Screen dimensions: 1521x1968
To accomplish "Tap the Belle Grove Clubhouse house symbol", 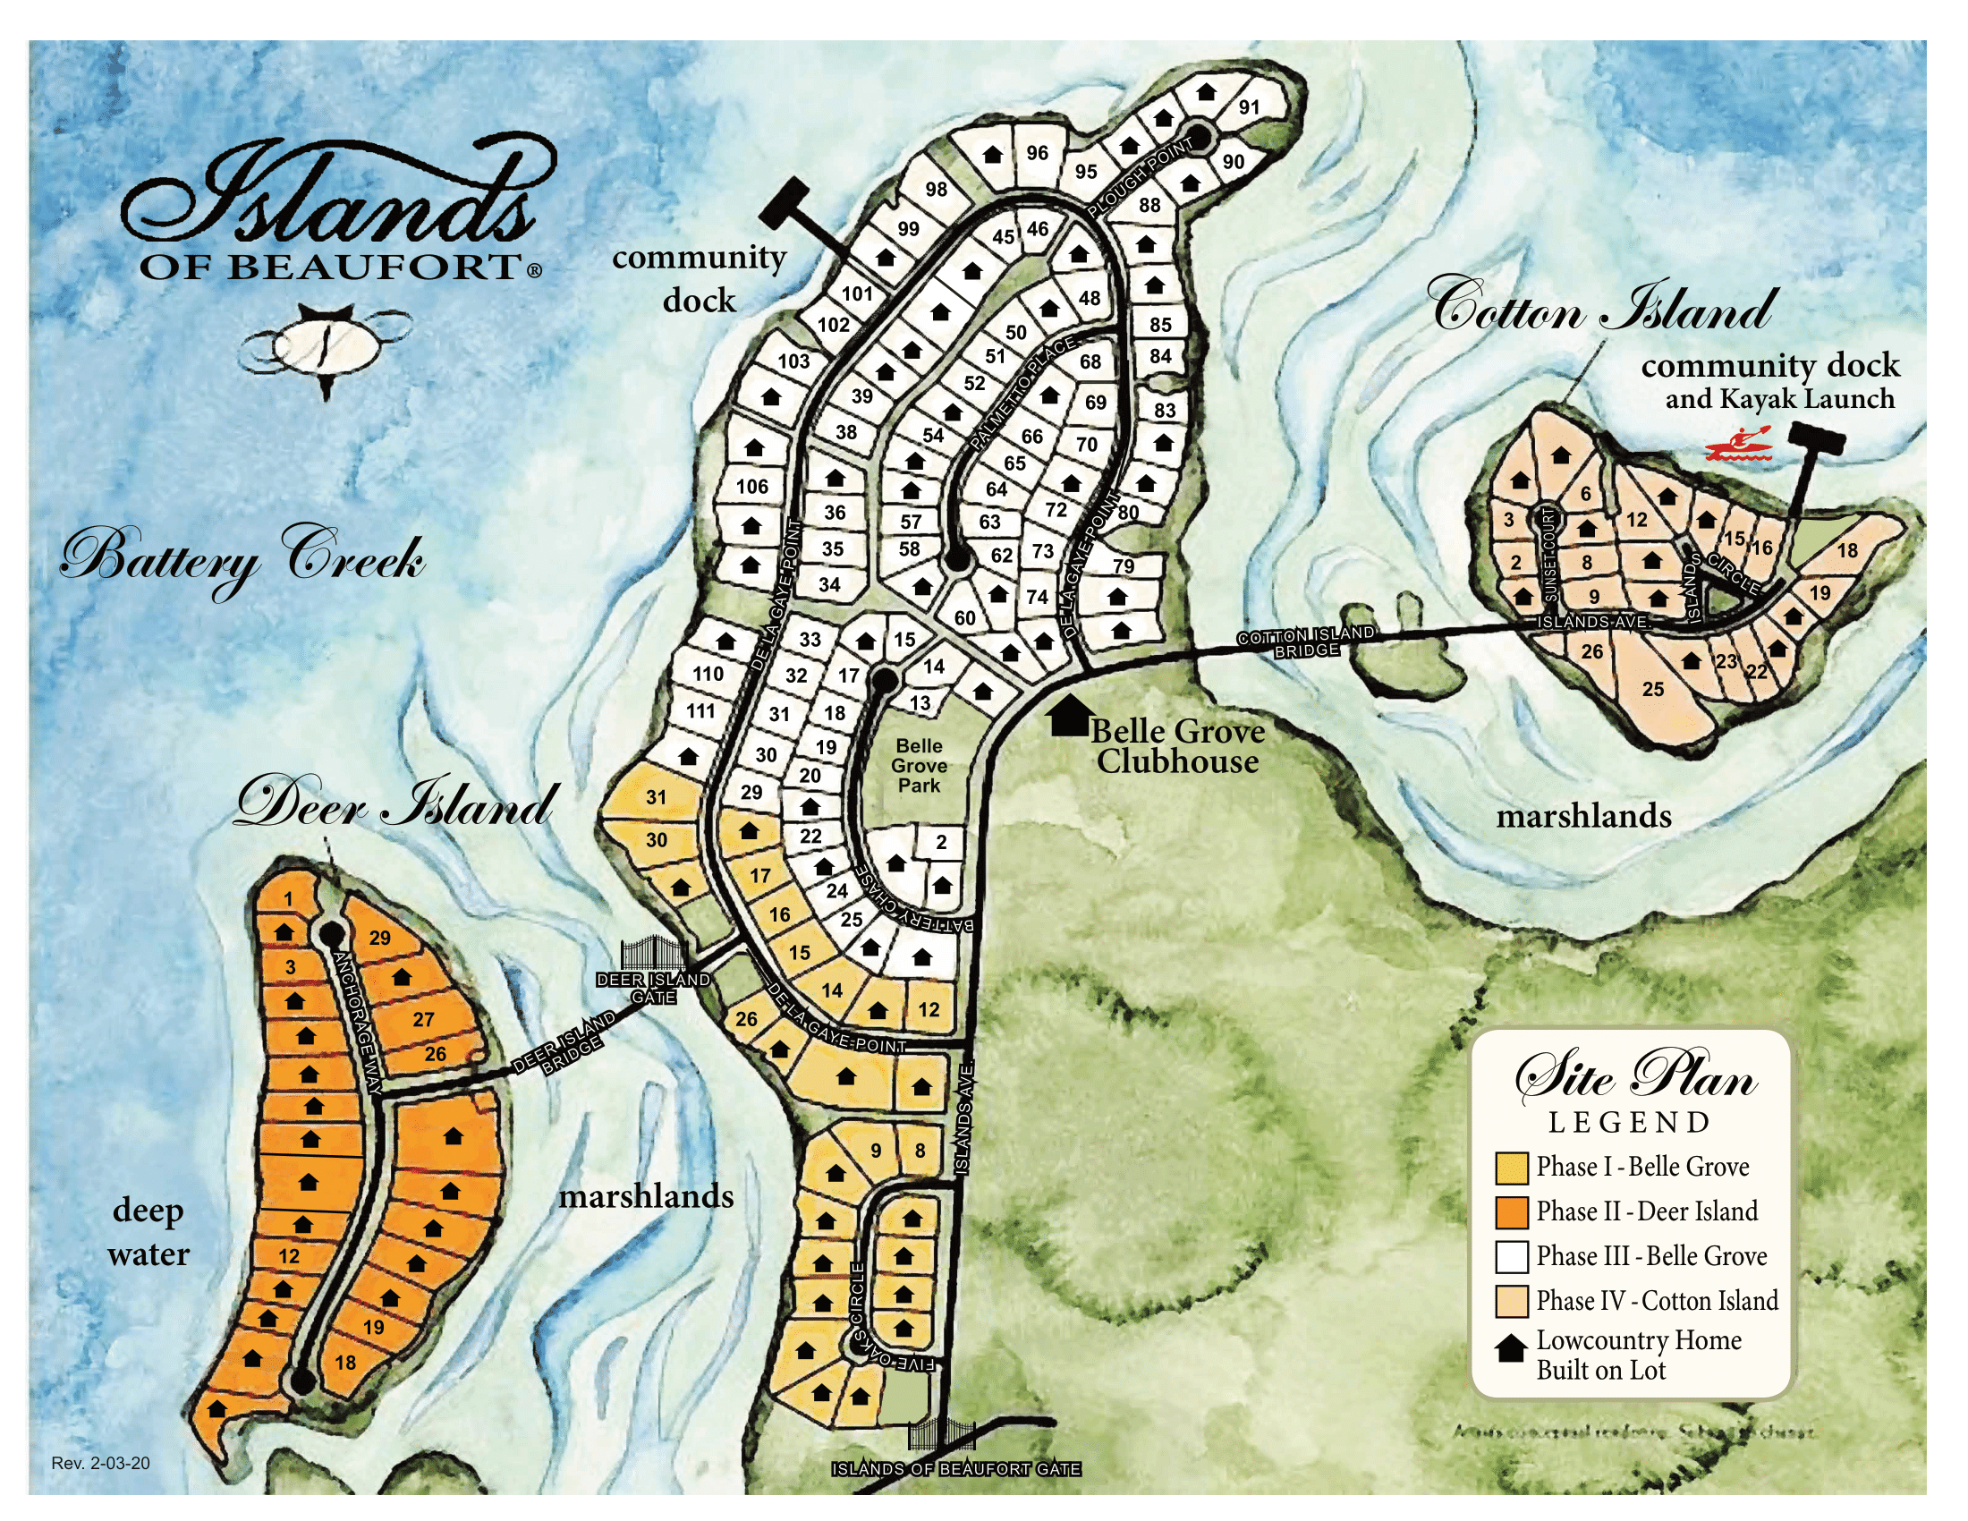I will [1070, 717].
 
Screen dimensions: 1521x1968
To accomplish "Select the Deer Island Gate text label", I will [653, 989].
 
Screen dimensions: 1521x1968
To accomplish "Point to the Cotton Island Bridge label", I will [1307, 642].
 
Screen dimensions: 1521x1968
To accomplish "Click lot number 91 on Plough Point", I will [1249, 107].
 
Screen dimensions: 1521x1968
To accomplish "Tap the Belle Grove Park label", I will [919, 766].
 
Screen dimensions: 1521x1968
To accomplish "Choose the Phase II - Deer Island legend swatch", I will [1511, 1212].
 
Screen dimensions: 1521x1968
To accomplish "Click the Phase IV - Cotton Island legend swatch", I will [1511, 1301].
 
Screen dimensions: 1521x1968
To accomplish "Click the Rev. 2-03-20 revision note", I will [100, 1464].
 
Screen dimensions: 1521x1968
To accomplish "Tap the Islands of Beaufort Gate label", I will [955, 1469].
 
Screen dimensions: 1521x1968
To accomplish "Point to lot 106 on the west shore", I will [752, 487].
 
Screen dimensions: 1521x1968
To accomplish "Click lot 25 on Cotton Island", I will [1652, 689].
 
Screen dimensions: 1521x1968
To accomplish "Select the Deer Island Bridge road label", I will [566, 1043].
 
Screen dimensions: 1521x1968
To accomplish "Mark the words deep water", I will [148, 1232].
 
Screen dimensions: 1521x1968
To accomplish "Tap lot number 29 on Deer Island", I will [379, 937].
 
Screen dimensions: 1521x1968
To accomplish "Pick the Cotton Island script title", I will [1604, 308].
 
